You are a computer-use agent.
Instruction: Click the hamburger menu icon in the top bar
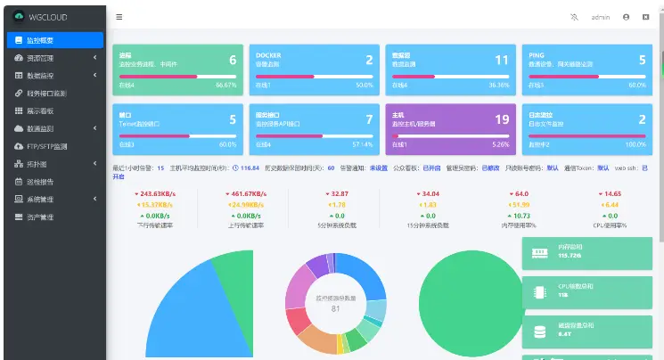[x=119, y=17]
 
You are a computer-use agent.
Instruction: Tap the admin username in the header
[x=601, y=17]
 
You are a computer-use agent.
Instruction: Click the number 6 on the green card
[x=233, y=60]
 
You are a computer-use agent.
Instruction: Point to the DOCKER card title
[x=269, y=54]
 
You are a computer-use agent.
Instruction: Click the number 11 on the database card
[x=502, y=60]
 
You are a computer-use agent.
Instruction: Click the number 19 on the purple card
[x=502, y=119]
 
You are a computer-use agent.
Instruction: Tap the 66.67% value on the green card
[x=226, y=86]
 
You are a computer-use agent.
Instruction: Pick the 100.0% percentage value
[x=635, y=144]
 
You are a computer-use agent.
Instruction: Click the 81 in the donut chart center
[x=336, y=308]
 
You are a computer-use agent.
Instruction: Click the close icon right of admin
[x=645, y=17]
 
